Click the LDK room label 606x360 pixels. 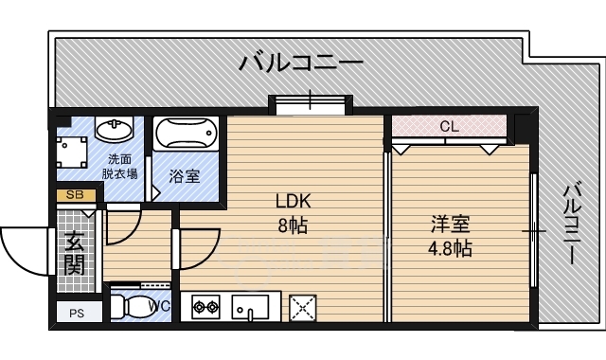click(x=293, y=202)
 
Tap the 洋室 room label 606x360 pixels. click(x=450, y=225)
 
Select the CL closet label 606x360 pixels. click(x=449, y=126)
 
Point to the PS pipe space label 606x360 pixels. click(x=76, y=314)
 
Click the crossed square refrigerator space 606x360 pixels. click(x=303, y=306)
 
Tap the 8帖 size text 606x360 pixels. click(x=293, y=225)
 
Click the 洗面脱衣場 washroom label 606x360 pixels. click(x=121, y=166)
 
